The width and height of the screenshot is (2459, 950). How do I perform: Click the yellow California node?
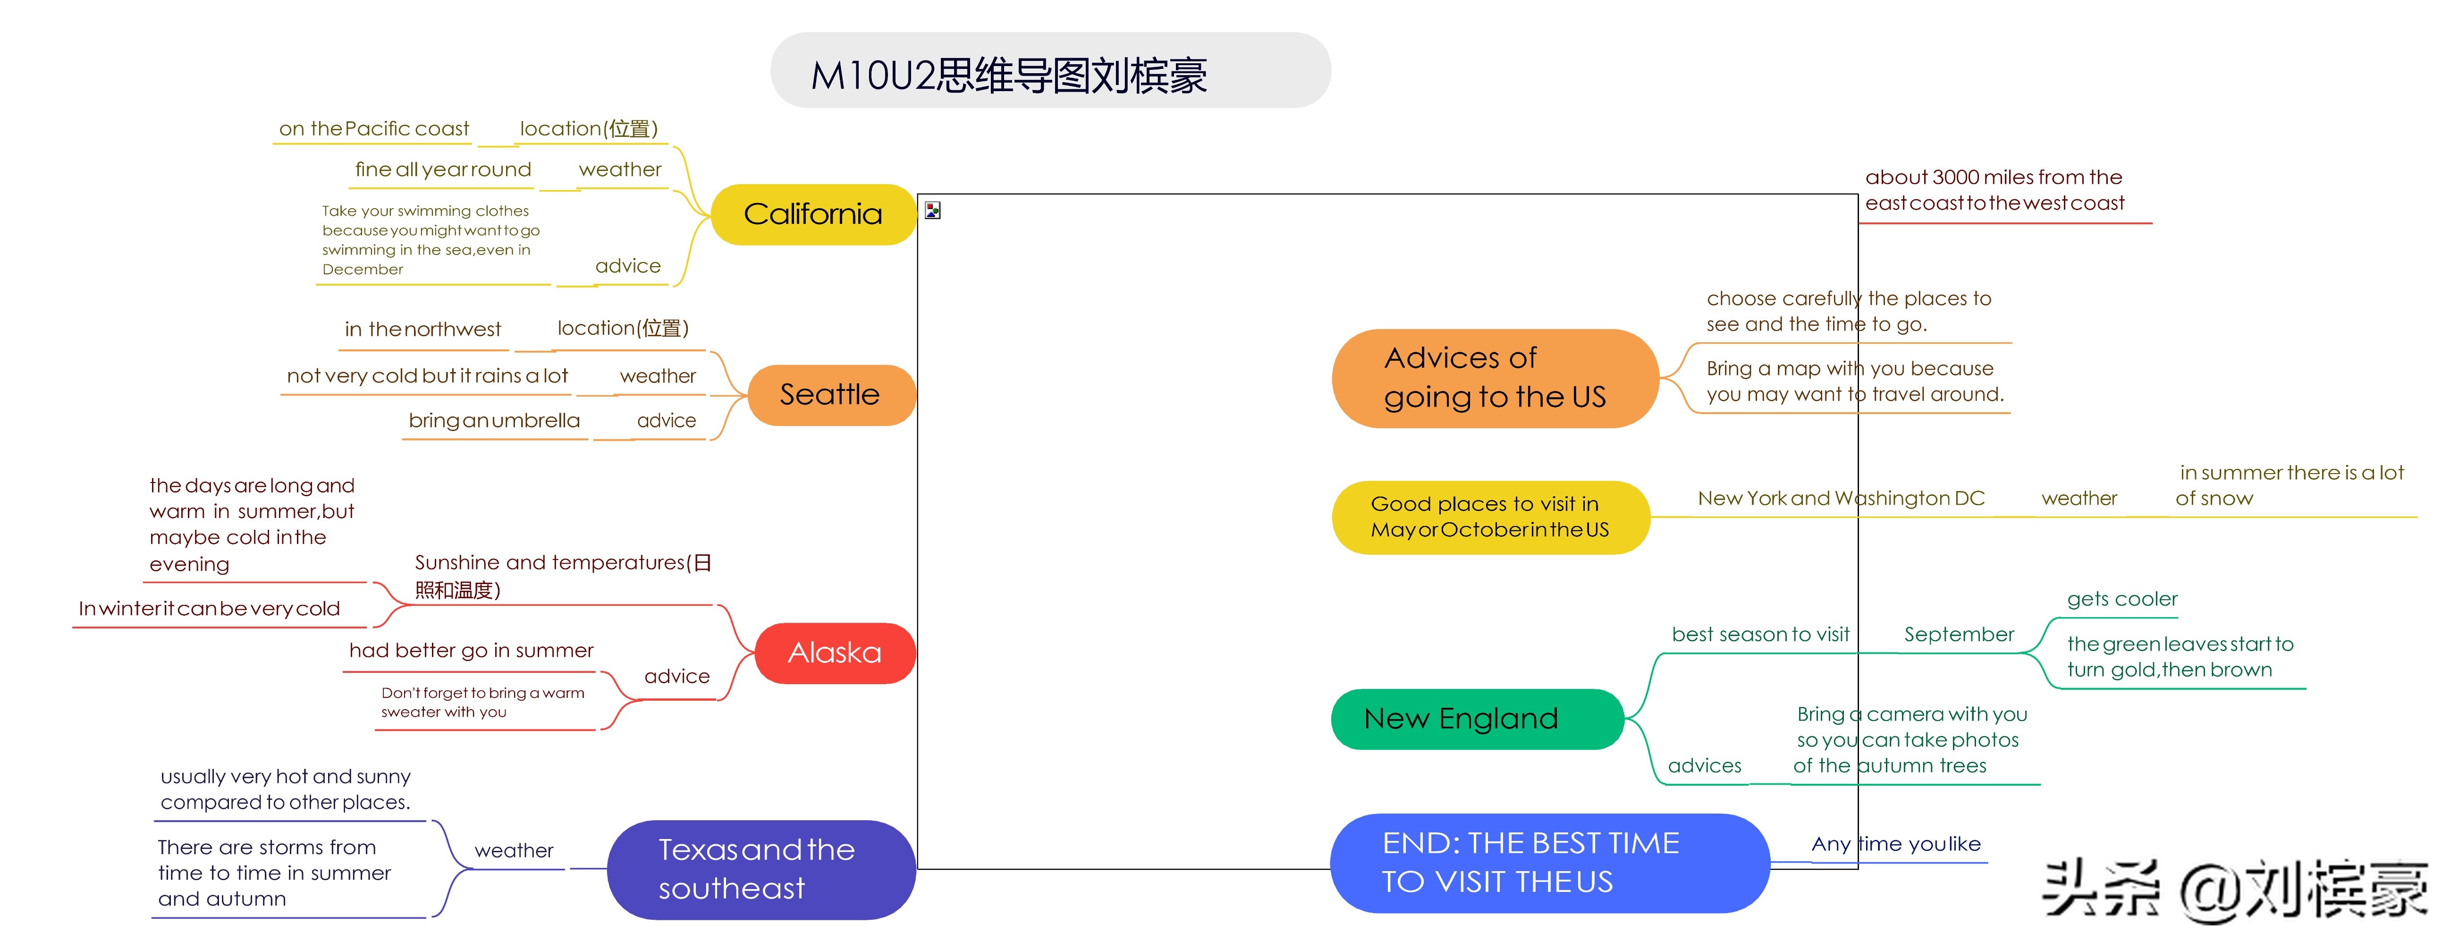813,214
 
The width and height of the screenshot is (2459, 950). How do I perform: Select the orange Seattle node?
830,394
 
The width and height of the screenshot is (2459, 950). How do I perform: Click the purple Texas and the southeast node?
761,870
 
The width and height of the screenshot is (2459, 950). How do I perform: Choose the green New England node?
1477,719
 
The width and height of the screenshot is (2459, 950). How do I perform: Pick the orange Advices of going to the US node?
1495,378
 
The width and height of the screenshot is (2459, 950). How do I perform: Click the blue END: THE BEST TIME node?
1549,863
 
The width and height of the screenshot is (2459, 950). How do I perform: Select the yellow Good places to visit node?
1490,517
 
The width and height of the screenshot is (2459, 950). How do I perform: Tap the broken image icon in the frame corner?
933,210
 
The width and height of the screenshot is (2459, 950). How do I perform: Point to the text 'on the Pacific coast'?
374,129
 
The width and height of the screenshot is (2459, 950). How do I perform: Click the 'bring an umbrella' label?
494,421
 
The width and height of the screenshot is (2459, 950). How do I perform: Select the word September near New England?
1959,635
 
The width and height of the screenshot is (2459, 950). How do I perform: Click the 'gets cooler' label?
2122,600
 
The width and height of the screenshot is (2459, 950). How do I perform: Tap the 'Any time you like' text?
1896,844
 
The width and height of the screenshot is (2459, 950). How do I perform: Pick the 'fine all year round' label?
443,170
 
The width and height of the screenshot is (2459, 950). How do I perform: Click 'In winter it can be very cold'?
209,609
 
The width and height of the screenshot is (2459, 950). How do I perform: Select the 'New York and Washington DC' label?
1842,499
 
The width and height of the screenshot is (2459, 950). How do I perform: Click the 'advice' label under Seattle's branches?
666,421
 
